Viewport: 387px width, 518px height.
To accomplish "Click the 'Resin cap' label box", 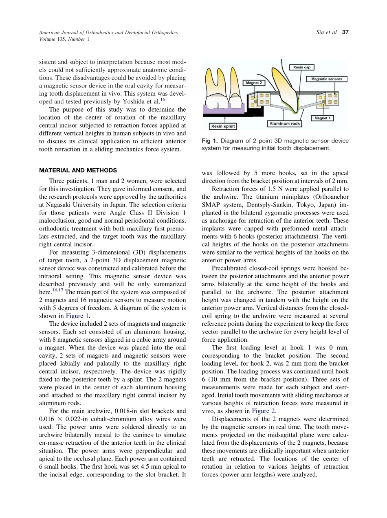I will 301,67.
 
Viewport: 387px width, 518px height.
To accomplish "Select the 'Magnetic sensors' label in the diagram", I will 327,79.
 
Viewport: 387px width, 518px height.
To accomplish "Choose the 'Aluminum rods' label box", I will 284,123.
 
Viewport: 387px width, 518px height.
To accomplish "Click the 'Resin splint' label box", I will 223,126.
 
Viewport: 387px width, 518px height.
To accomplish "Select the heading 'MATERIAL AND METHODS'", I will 78,170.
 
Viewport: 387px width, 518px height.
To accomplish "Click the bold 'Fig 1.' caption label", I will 210,141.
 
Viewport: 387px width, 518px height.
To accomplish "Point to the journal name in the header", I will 108,32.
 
